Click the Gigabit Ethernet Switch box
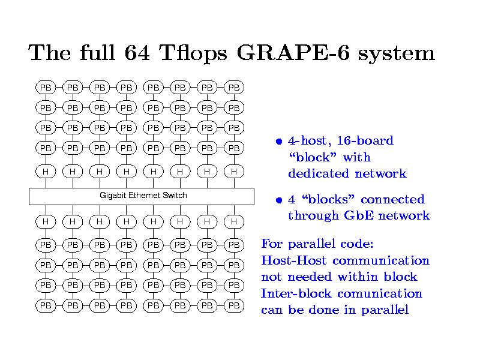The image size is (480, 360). point(142,196)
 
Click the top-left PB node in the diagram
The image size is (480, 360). point(45,88)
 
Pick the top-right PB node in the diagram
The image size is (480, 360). point(234,88)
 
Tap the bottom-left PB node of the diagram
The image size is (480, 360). point(45,305)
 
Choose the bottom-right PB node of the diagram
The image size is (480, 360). point(234,305)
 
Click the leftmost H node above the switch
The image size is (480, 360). point(45,172)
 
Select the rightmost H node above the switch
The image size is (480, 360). point(234,172)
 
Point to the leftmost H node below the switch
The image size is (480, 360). point(45,221)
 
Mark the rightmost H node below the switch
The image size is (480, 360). point(234,221)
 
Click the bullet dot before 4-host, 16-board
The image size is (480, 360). point(279,142)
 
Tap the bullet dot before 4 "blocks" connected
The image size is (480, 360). point(279,200)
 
